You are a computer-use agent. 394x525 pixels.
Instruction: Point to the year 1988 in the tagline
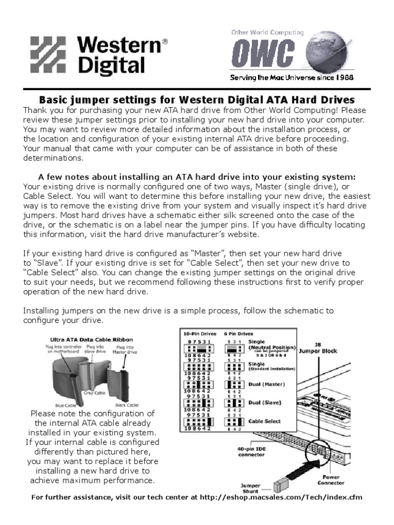pos(342,77)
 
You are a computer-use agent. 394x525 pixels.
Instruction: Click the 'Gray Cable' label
pos(93,393)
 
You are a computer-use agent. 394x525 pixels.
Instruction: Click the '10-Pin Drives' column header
pos(198,334)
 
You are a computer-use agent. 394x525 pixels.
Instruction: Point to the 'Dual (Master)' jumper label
pos(267,384)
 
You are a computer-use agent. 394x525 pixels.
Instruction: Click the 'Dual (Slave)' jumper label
pos(265,402)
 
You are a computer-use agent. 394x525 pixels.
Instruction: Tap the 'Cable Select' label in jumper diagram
pos(265,421)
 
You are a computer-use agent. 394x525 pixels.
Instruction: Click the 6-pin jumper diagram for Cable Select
pos(234,421)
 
